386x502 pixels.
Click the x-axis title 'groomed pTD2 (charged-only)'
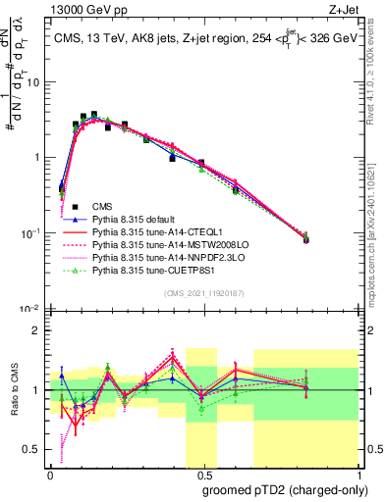coord(285,489)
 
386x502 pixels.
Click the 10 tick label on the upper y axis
coord(33,81)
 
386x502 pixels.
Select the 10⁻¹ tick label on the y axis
coord(31,232)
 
